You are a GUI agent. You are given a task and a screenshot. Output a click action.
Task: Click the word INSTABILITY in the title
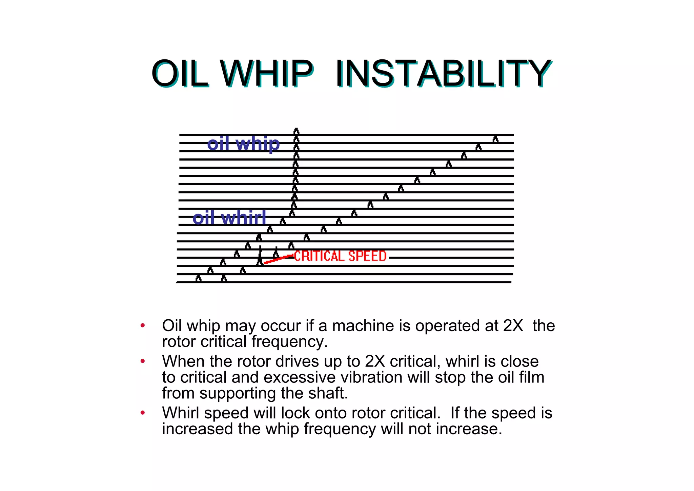443,73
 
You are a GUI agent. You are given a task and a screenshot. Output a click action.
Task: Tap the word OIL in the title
179,73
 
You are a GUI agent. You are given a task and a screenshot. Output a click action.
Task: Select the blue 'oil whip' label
243,144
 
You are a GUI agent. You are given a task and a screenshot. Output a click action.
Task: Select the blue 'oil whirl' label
229,218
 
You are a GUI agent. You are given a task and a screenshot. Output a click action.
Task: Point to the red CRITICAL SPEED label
340,256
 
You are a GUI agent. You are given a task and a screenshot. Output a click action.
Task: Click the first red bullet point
143,325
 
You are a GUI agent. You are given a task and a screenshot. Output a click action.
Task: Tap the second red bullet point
143,361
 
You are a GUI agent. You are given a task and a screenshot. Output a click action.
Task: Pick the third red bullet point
143,413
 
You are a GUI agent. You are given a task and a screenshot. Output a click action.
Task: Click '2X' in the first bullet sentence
513,326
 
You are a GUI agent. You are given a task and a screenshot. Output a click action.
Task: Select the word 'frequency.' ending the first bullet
290,342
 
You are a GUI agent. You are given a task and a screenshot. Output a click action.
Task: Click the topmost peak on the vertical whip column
297,131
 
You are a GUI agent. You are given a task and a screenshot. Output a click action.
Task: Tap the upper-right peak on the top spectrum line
495,139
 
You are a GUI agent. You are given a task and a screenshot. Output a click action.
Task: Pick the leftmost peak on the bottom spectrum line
199,279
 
